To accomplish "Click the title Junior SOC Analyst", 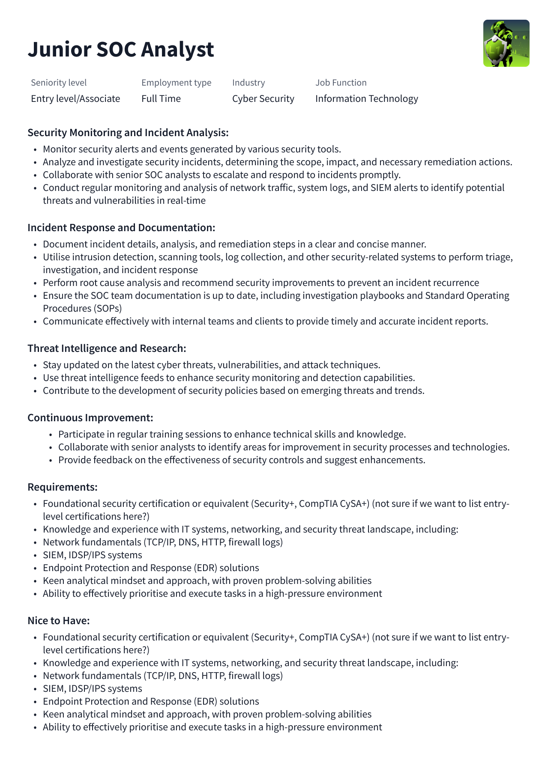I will (121, 49).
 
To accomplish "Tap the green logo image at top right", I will (506, 43).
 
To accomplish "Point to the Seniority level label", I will (59, 83).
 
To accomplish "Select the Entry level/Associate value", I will (75, 99).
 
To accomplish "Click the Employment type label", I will (176, 83).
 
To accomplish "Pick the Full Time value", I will (161, 99).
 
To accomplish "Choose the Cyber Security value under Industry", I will (263, 99).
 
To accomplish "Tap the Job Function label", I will (341, 83).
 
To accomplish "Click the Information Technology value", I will (367, 99).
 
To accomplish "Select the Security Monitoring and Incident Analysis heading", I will (128, 133).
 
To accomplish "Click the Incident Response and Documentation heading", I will (121, 228).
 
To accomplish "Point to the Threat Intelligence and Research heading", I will (107, 348).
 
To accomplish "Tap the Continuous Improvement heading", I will (90, 418).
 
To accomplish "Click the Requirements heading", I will (63, 487).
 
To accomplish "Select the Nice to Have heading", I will (59, 621).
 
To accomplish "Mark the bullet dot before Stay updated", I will (35, 366).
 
